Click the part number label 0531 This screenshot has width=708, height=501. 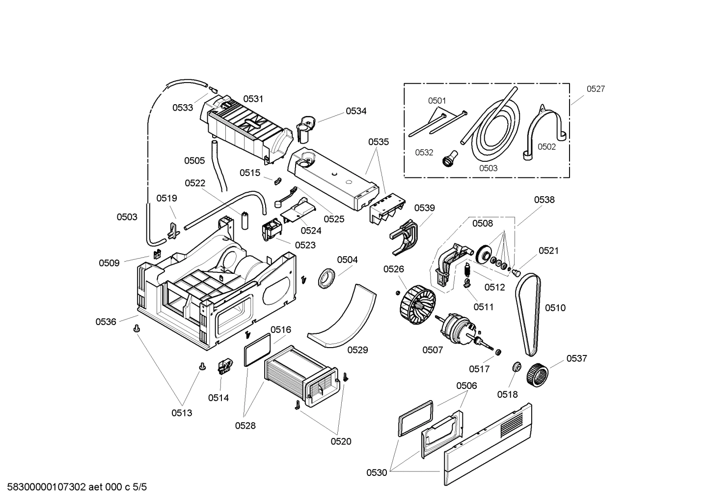coord(253,99)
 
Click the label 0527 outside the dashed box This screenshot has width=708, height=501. coord(596,89)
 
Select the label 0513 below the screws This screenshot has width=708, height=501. coord(182,413)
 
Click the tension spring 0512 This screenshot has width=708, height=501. coord(468,270)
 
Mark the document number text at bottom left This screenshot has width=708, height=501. coord(74,487)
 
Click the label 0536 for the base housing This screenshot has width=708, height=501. coord(106,322)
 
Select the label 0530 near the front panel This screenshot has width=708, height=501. coord(377,472)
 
